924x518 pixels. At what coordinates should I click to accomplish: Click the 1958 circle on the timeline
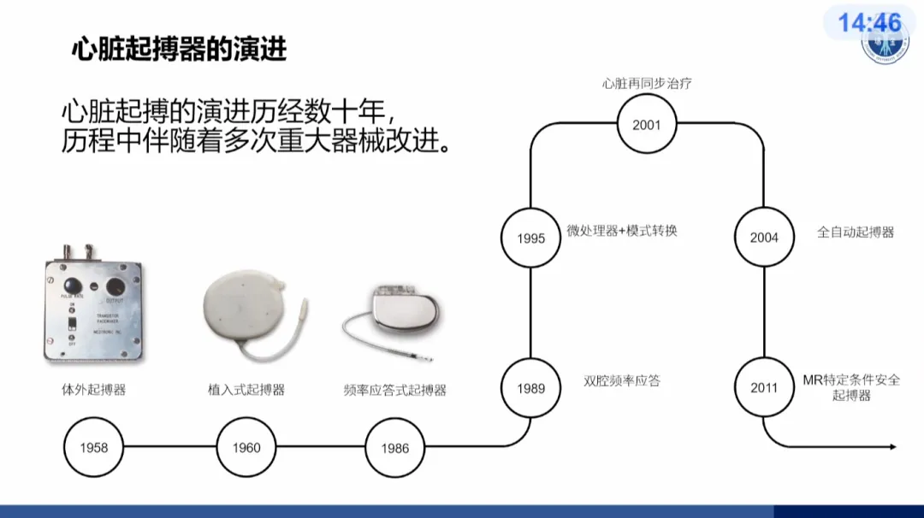click(x=94, y=447)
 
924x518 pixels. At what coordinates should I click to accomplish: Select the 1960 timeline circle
click(x=246, y=447)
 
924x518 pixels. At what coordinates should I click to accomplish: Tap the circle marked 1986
click(x=395, y=447)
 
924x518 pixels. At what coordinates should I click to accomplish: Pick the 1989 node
click(x=530, y=388)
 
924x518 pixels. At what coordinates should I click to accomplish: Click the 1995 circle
click(x=530, y=238)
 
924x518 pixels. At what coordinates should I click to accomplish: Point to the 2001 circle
click(x=647, y=125)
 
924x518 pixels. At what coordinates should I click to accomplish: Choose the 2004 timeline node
click(x=764, y=238)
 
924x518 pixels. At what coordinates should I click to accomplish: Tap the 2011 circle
click(x=764, y=387)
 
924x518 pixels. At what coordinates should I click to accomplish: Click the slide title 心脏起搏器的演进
click(x=178, y=50)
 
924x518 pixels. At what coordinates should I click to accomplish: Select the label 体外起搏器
click(x=87, y=390)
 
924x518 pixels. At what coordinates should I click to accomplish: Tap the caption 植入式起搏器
click(x=246, y=390)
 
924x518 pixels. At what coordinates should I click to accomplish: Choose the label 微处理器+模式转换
click(x=622, y=231)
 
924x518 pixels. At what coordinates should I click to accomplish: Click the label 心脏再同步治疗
click(x=647, y=84)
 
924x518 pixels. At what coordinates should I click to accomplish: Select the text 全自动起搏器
click(x=856, y=232)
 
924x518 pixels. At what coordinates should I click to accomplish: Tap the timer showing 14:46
click(x=869, y=23)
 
